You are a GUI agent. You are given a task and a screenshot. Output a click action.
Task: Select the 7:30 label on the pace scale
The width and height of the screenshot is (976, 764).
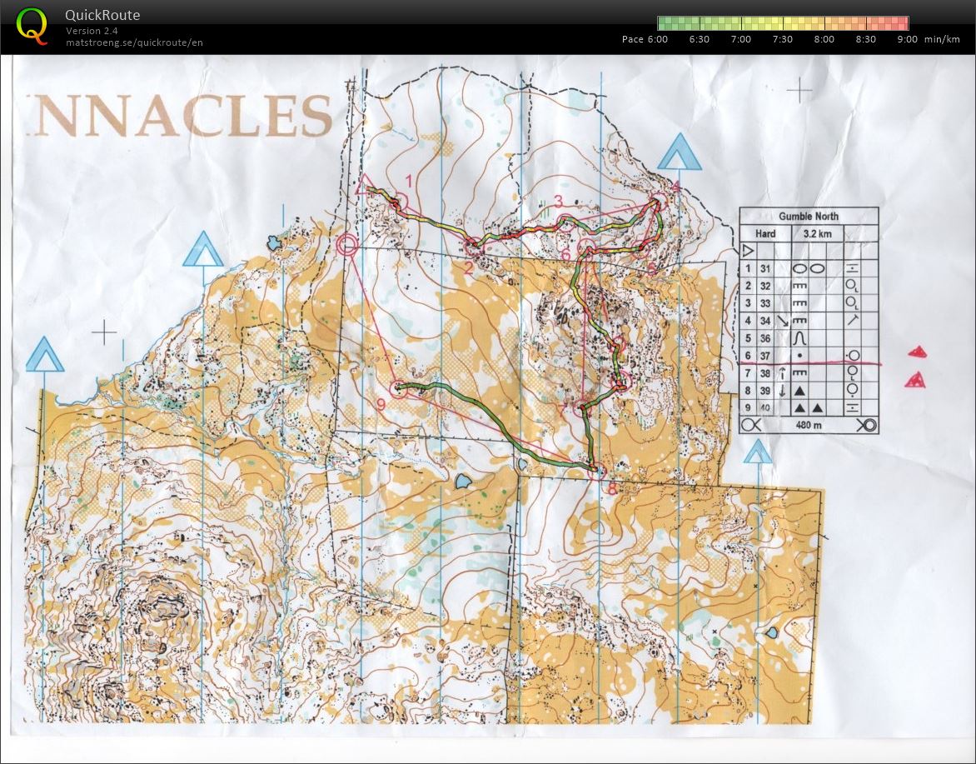782,39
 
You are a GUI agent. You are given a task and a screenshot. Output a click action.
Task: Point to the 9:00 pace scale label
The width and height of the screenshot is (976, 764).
907,39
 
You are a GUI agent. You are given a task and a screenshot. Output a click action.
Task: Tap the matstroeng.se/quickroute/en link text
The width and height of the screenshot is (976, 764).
134,42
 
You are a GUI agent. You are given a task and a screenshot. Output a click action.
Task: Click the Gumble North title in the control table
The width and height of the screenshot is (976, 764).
808,216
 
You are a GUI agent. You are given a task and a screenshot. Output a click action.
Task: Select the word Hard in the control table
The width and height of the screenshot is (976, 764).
764,233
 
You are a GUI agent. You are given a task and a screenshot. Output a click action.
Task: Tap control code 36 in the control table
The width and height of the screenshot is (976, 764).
764,338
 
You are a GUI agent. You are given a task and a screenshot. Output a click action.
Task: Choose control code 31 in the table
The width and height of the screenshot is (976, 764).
764,268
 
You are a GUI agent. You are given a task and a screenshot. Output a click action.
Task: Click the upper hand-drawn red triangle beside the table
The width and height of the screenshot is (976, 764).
917,352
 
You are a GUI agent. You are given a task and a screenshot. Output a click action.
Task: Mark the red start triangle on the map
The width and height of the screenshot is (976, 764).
363,186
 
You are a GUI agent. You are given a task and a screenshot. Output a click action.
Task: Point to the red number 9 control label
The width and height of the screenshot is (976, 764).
381,405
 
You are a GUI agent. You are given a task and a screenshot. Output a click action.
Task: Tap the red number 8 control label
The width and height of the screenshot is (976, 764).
612,490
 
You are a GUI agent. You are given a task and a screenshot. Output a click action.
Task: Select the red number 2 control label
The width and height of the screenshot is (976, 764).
468,267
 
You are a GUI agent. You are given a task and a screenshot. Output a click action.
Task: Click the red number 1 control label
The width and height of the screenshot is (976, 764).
409,180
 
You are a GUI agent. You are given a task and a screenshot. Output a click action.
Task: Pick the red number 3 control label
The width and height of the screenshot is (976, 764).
559,200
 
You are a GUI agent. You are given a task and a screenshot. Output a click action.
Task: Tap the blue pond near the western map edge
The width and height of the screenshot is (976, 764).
273,242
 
